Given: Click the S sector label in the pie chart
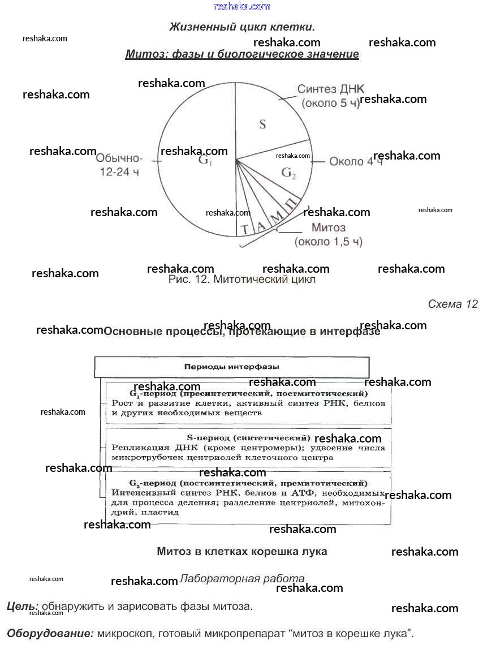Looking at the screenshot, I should (262, 124).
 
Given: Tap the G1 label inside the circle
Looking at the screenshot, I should (205, 161).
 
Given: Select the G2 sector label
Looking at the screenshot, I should (288, 174).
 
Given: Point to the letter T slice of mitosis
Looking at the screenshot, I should (244, 229).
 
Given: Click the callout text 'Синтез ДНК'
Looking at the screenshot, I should (331, 89).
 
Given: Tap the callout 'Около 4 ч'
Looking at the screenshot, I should (356, 161).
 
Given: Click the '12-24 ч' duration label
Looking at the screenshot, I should (119, 173).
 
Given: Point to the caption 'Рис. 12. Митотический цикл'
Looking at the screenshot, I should (241, 280).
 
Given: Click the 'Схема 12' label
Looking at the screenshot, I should (452, 304).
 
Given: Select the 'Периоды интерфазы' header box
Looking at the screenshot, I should (231, 367).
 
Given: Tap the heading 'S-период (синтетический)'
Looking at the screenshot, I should (248, 438).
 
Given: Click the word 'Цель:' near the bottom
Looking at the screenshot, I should (23, 607).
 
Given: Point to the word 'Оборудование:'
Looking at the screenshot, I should (50, 633).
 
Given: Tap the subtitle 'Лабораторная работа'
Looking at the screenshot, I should (242, 579).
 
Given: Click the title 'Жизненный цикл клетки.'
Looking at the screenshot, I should (242, 27).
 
